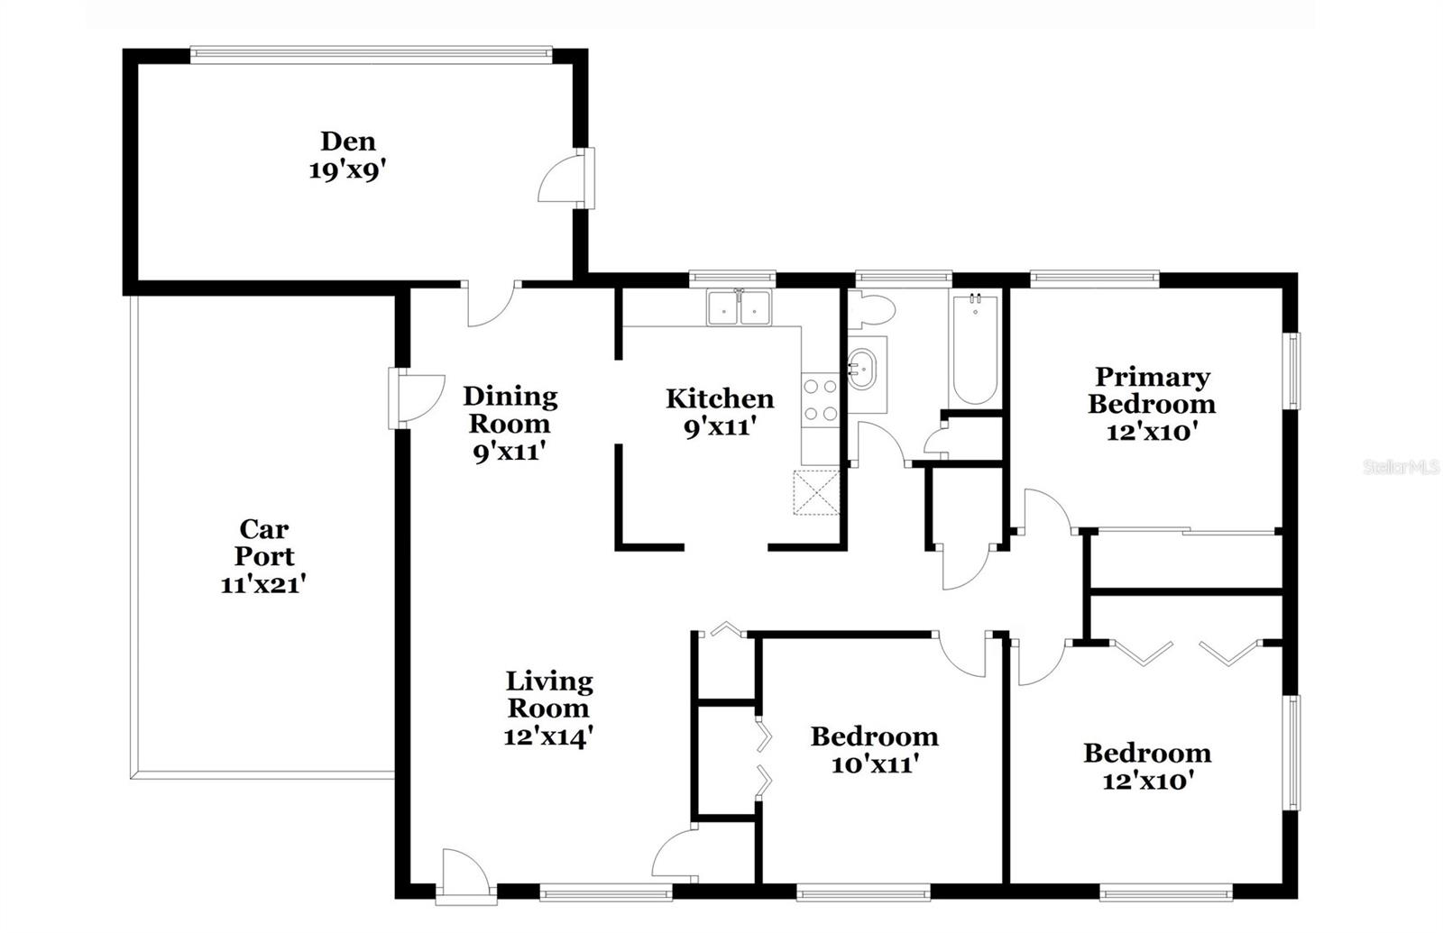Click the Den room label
348,141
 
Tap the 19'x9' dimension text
348,170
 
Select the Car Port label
263,543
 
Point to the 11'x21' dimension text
262,585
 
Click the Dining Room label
510,410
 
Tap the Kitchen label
720,398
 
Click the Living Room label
549,695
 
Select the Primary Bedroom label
1153,390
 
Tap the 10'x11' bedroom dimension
875,765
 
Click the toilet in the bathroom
871,310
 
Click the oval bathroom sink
861,370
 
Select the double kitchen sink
739,307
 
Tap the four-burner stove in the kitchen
821,400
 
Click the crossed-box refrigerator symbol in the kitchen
816,492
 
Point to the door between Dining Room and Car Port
416,398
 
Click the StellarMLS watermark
1402,467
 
